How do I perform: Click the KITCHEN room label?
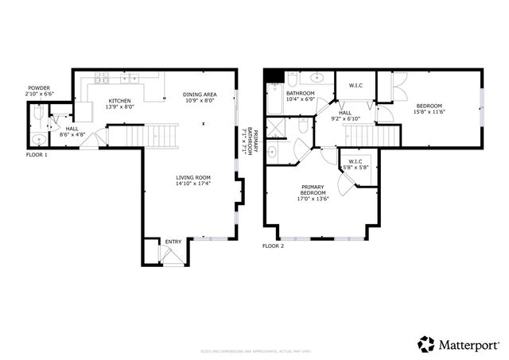click(x=120, y=101)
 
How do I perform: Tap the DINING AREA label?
click(x=200, y=95)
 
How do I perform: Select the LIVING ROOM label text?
click(x=192, y=177)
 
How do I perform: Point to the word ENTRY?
click(x=172, y=242)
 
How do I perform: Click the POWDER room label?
click(x=39, y=88)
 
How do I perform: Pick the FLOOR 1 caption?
click(x=37, y=154)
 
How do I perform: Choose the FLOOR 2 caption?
click(x=273, y=246)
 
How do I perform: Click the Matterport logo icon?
click(x=426, y=343)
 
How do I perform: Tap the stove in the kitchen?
click(x=102, y=78)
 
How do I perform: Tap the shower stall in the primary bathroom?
click(x=274, y=128)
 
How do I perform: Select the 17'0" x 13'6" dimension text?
click(x=313, y=199)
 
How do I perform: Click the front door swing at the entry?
click(x=167, y=256)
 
